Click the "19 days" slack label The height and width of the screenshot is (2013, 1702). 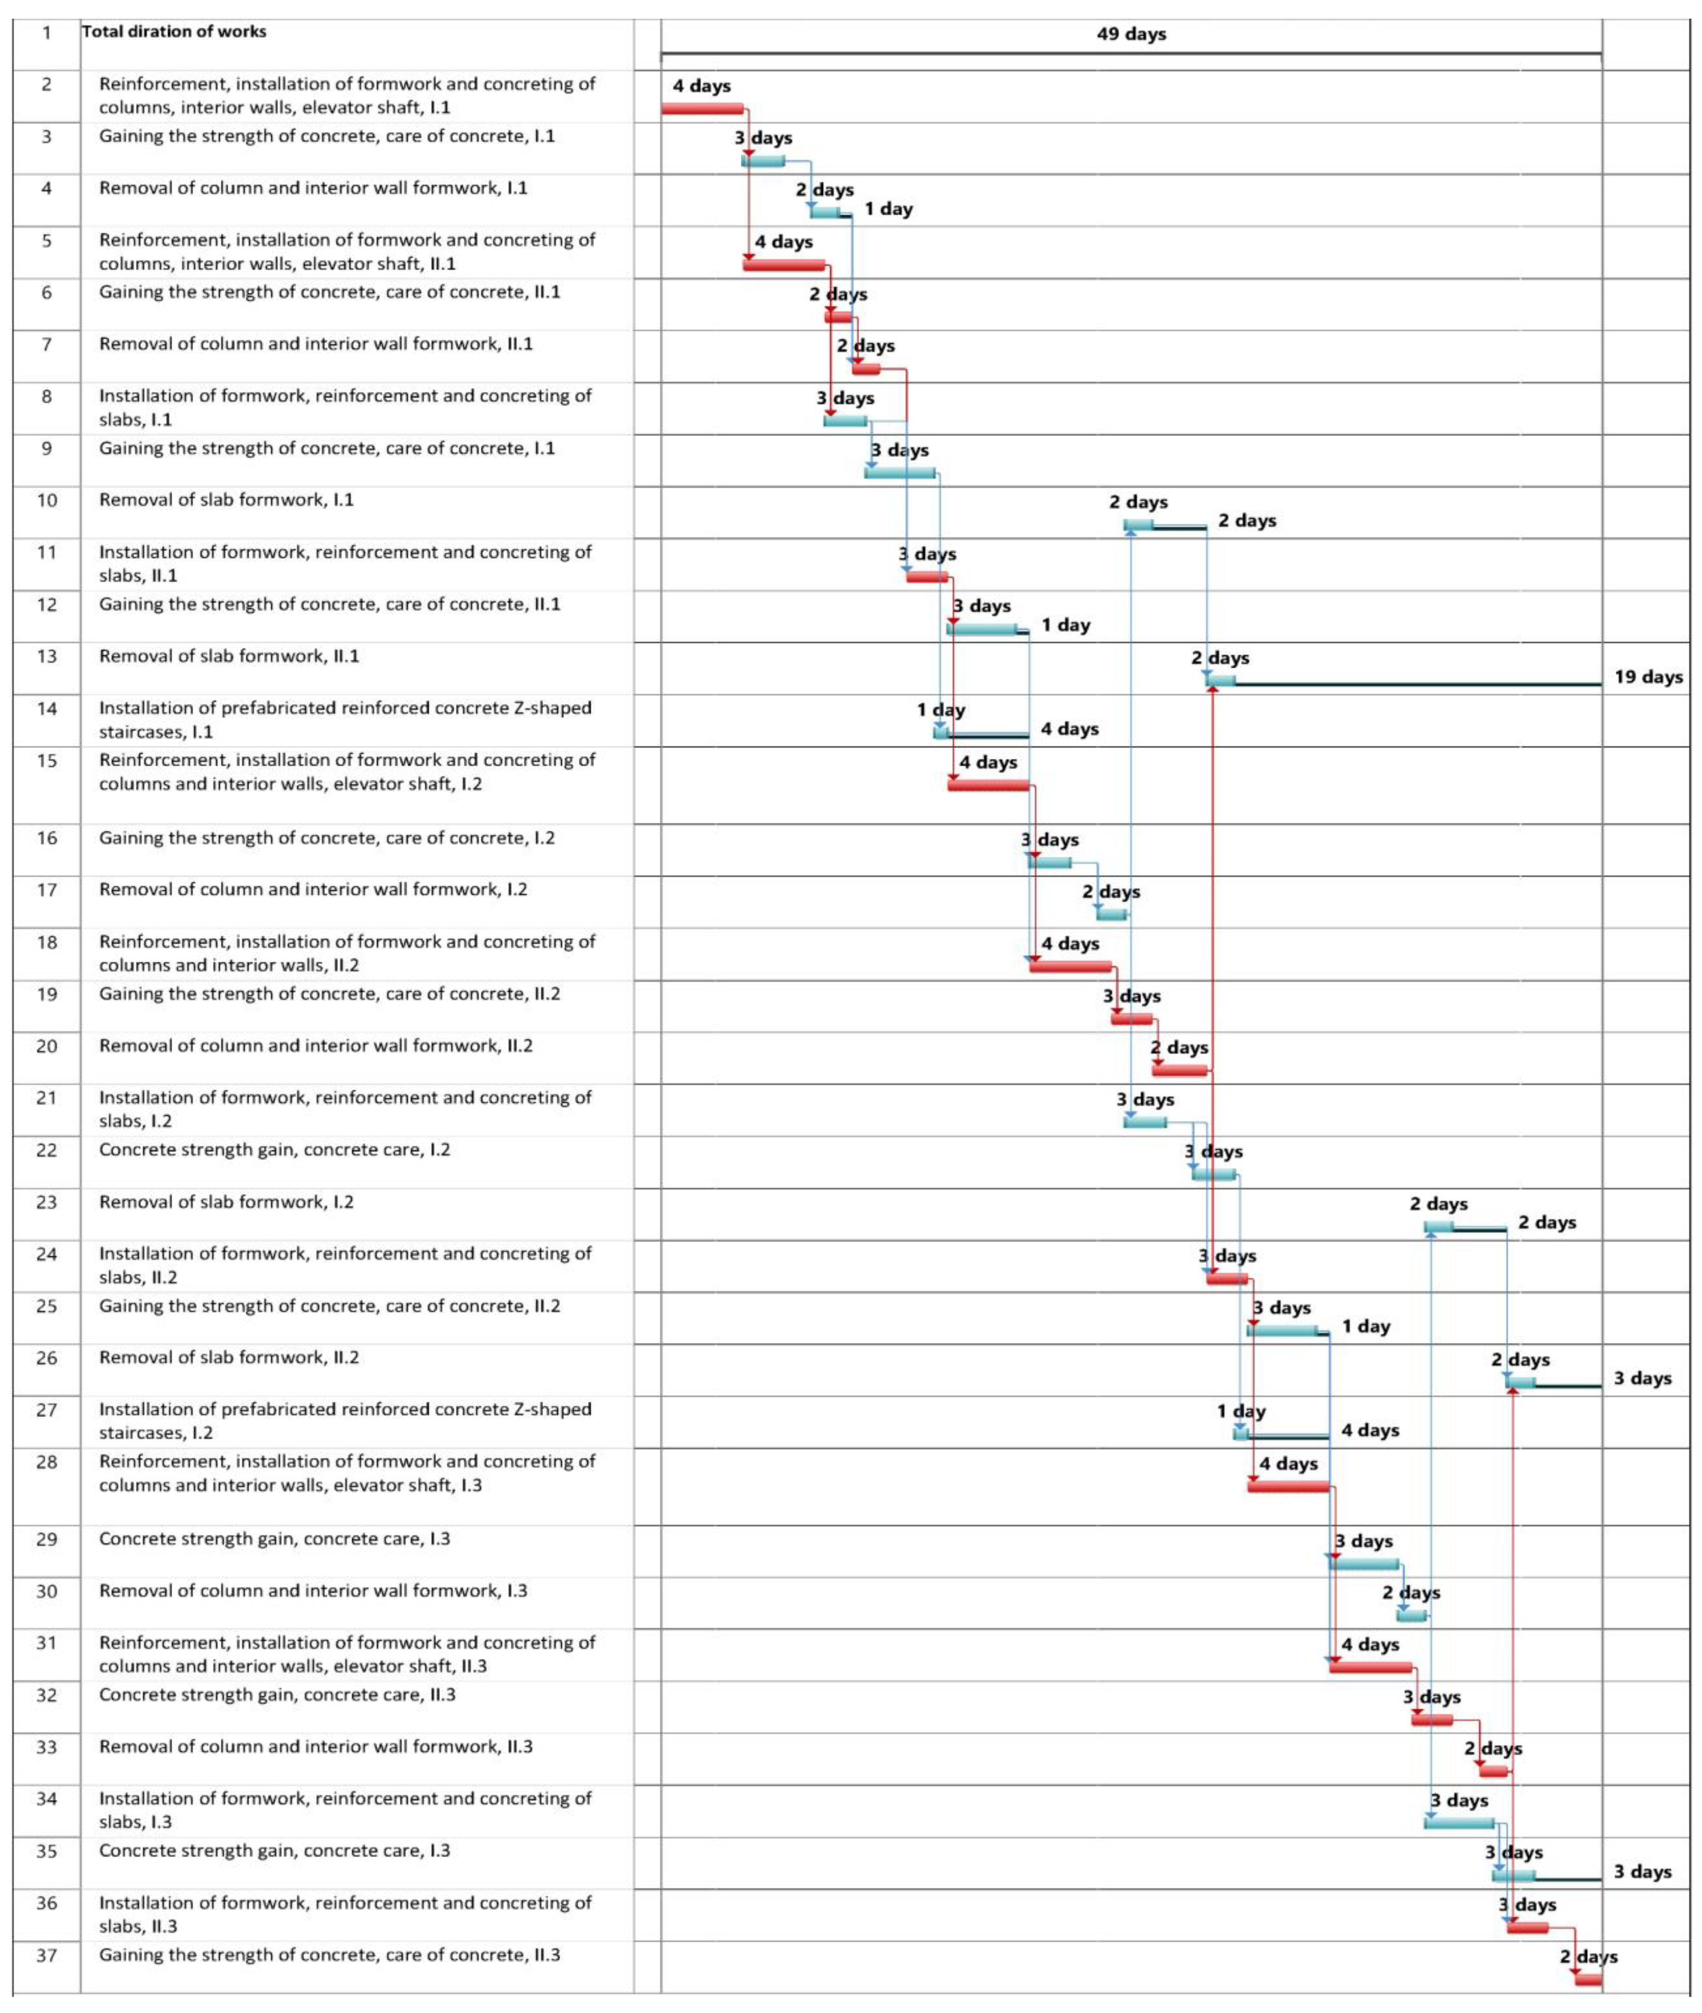click(1648, 677)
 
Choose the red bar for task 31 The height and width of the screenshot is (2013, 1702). click(1370, 1667)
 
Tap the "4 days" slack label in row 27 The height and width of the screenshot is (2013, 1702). click(1370, 1430)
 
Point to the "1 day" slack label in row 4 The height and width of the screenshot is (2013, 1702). click(888, 209)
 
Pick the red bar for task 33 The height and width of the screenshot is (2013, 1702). click(1494, 1772)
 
